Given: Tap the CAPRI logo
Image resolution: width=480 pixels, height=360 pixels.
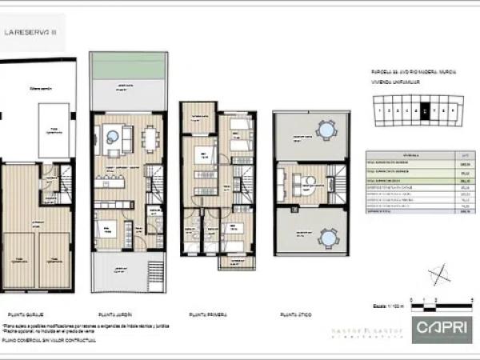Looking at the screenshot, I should [438, 327].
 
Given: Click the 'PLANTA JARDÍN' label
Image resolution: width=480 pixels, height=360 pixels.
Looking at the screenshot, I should [114, 314].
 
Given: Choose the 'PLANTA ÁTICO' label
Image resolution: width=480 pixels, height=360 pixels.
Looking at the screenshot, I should [294, 314].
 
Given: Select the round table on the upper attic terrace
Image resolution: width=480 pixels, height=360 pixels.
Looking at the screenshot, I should [325, 129].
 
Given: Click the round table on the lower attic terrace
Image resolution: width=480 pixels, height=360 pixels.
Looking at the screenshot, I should [325, 238].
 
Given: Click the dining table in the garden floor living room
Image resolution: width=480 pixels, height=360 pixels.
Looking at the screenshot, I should [150, 139].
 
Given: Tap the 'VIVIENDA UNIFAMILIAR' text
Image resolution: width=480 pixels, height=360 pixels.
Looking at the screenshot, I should [390, 80].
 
